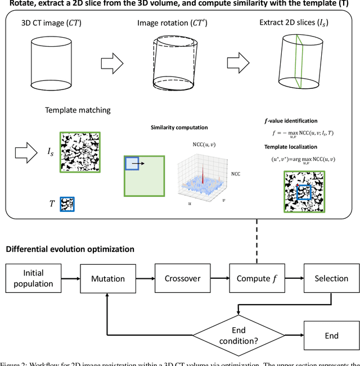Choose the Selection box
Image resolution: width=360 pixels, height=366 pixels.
(x=331, y=279)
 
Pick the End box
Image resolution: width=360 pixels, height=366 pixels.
(x=331, y=336)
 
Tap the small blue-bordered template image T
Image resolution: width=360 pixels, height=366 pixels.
(x=67, y=204)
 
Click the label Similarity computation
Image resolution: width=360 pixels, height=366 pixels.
(x=179, y=128)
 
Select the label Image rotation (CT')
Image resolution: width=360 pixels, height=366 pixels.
(x=168, y=23)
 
